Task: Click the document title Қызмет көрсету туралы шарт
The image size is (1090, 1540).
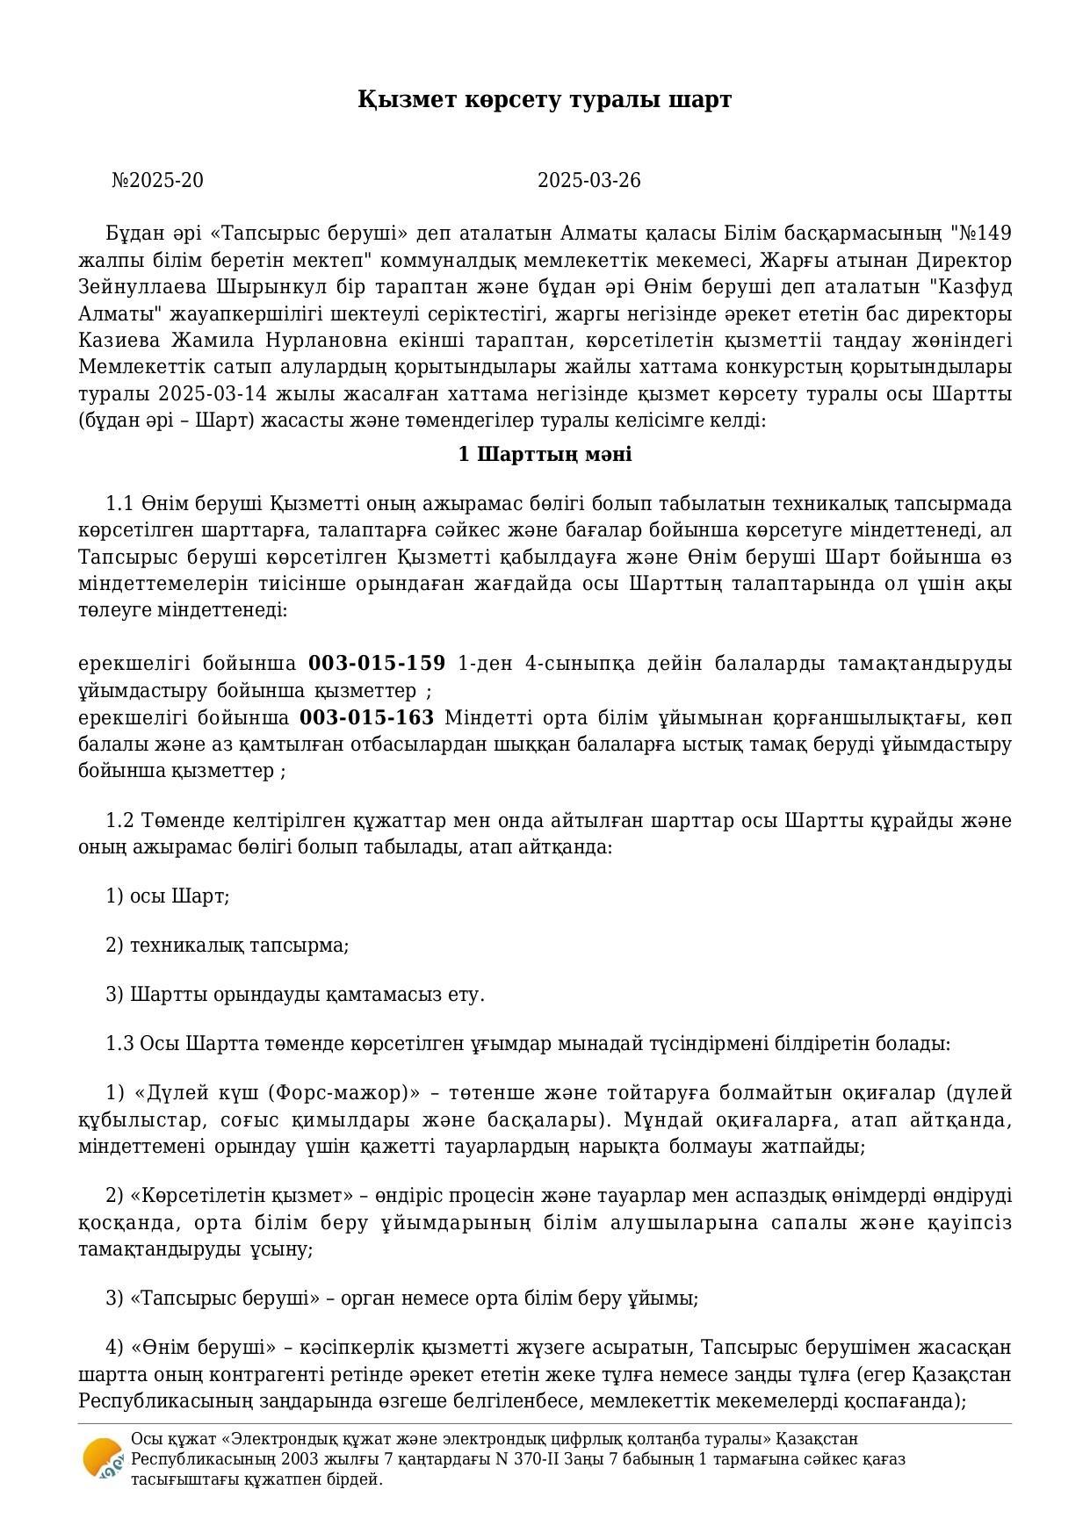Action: coord(544,100)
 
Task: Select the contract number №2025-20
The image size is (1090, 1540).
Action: coord(157,181)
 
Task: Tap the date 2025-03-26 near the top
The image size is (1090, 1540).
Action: coord(588,181)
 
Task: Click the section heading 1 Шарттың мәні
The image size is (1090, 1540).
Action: coord(545,455)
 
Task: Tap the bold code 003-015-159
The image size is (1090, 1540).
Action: coord(377,664)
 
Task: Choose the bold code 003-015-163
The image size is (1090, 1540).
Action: coord(366,718)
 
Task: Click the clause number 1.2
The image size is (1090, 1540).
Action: coord(120,821)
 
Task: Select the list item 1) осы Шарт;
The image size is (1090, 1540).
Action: coord(167,896)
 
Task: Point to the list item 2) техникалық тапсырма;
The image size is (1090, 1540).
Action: coord(227,946)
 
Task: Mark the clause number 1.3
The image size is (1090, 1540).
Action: coord(120,1044)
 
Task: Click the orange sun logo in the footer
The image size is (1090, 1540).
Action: coord(102,1458)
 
